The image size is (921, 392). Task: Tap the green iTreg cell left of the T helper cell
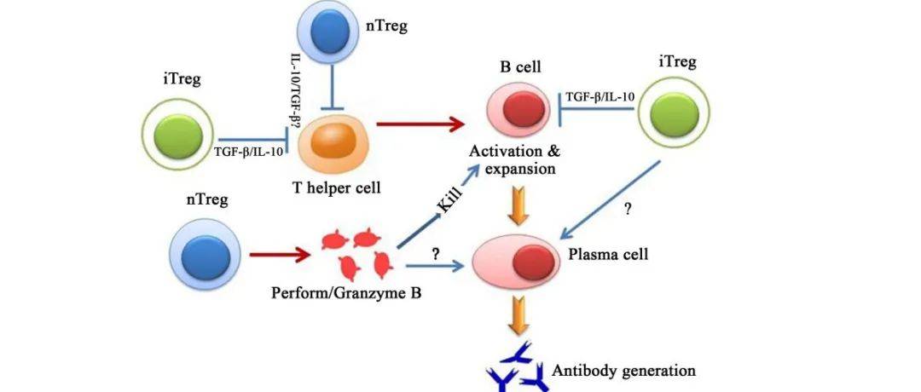click(178, 135)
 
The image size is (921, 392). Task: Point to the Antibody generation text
click(624, 370)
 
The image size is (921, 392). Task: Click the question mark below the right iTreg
click(628, 209)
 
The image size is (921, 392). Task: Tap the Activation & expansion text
click(516, 159)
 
